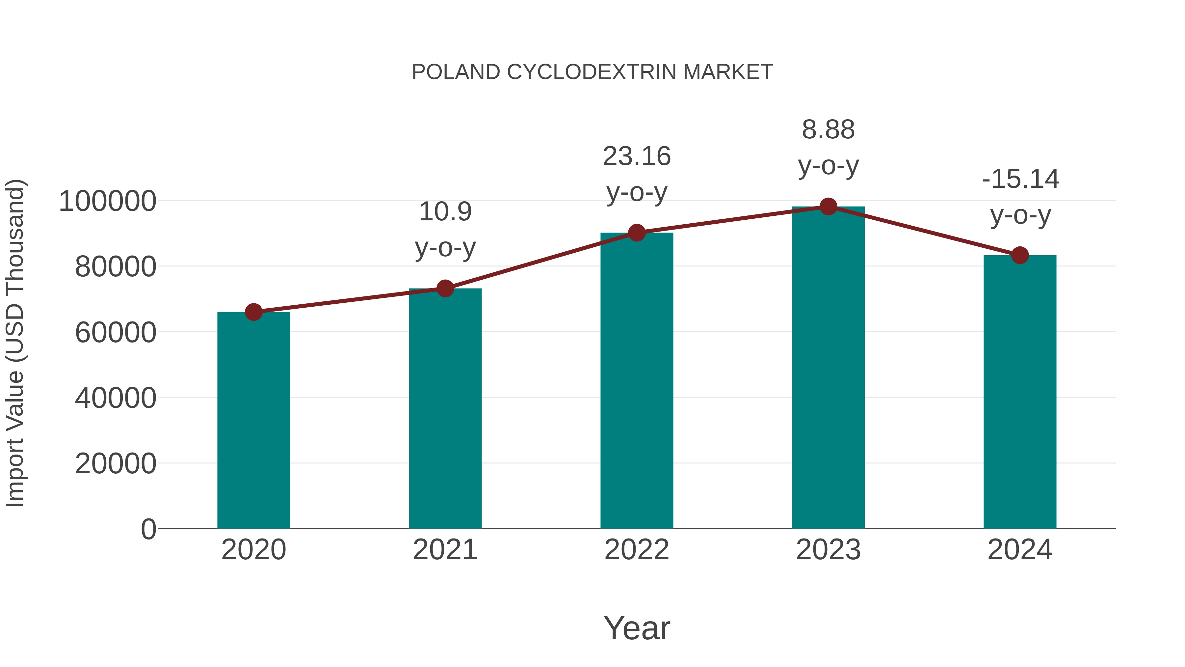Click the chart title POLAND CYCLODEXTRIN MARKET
[592, 72]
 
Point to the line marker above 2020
[253, 312]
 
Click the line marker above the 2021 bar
[445, 289]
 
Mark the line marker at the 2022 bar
[637, 233]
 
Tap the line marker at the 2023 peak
[828, 207]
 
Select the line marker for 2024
[1020, 255]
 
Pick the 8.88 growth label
[828, 147]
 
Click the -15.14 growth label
[1020, 197]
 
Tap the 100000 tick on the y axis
[108, 201]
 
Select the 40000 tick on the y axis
[116, 398]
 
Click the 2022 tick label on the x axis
[637, 550]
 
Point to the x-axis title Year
[637, 628]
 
